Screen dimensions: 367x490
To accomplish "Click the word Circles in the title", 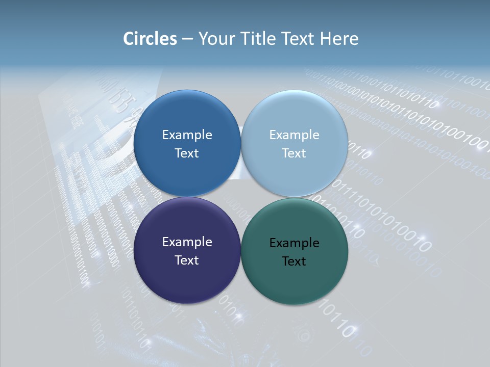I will [x=150, y=39].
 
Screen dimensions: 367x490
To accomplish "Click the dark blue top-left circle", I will [x=187, y=117].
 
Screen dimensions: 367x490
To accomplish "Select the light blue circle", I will [x=295, y=117].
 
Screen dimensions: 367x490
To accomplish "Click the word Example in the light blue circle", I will [x=294, y=135].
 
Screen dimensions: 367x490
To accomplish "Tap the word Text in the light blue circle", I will [x=294, y=153].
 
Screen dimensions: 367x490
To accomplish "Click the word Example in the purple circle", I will [x=187, y=242].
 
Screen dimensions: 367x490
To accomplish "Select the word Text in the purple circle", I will [x=187, y=260].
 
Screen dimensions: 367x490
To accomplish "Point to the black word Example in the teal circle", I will [x=294, y=243].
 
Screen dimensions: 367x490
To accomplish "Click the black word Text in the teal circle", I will [x=294, y=261].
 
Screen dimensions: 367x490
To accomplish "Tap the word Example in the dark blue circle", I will [x=187, y=135].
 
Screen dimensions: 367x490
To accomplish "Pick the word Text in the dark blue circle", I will [x=187, y=153].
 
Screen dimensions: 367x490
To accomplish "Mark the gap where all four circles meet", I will [x=241, y=197].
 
